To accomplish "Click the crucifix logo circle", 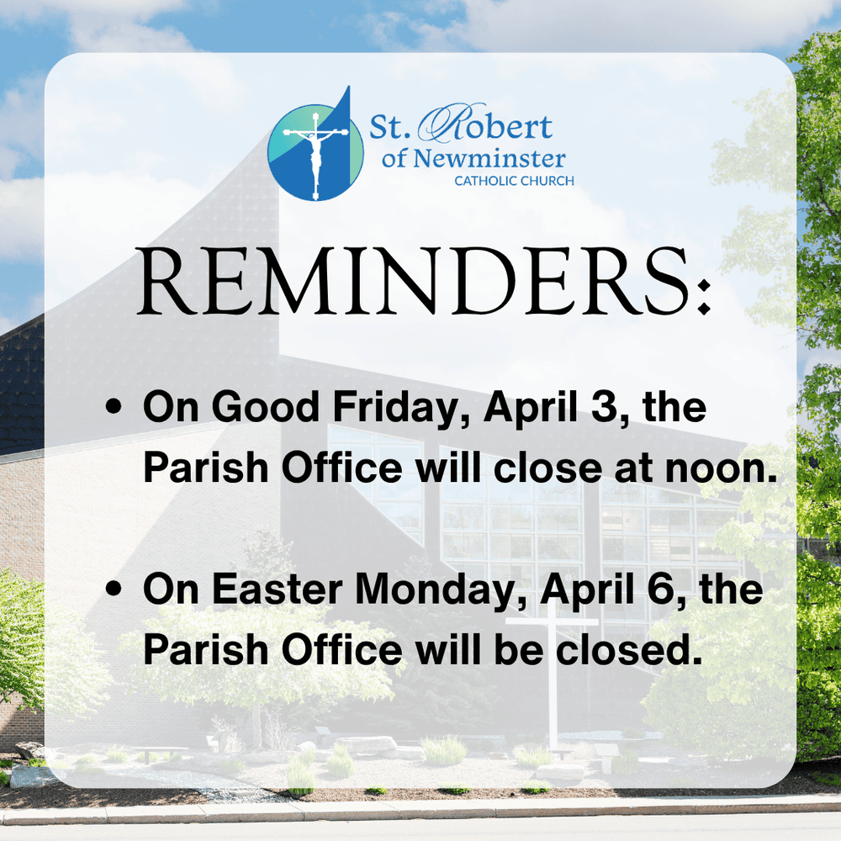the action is coord(316,152).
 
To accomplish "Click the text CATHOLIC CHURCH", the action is coord(514,182).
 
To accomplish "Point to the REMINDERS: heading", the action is coord(424,281).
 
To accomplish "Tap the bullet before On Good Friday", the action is coord(114,406).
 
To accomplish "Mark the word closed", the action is coord(628,649).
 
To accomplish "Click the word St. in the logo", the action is coord(390,127).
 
